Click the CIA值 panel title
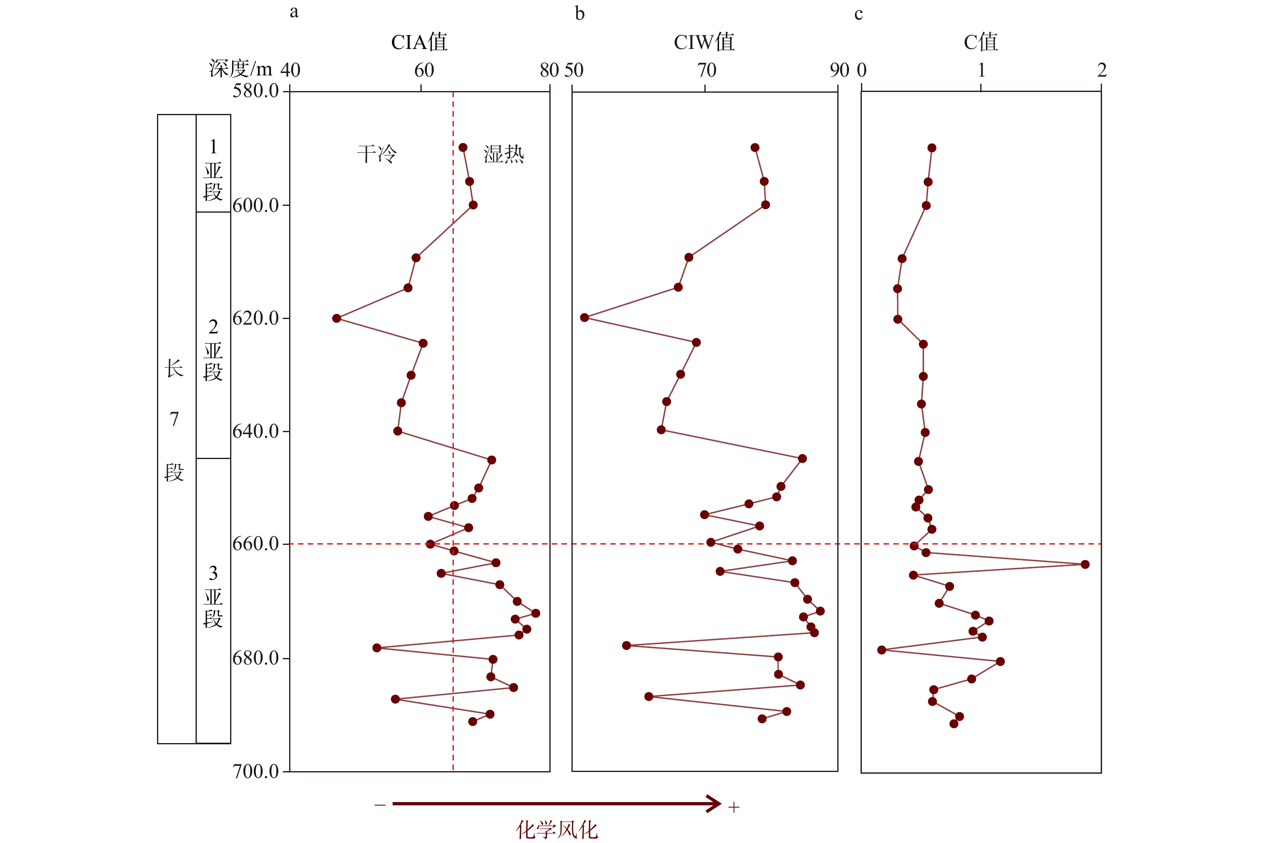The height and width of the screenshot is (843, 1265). (x=419, y=42)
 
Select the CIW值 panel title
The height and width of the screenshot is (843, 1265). (x=704, y=42)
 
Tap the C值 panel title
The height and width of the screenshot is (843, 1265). (x=980, y=42)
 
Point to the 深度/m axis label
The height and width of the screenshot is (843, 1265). (x=241, y=69)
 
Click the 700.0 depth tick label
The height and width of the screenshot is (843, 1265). (x=255, y=772)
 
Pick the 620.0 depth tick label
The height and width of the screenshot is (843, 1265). (x=255, y=318)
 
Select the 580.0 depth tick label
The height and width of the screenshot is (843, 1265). (x=255, y=90)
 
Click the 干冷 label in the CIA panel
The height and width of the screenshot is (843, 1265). (x=377, y=154)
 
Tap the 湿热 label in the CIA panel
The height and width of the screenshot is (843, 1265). (x=504, y=154)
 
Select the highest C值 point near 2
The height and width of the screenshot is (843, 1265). (x=1085, y=565)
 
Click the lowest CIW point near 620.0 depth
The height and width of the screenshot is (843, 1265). (x=584, y=318)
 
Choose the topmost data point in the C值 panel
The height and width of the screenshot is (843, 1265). (x=931, y=148)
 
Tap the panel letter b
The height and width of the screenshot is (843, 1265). (x=579, y=13)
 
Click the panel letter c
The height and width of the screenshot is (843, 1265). (x=858, y=14)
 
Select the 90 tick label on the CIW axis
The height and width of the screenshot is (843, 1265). (x=839, y=70)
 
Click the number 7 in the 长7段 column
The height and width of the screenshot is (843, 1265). (x=174, y=419)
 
